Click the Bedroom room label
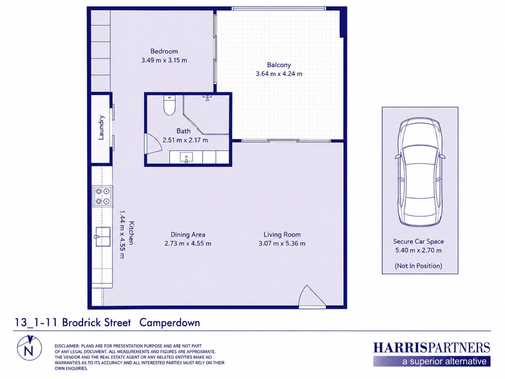tap(164, 51)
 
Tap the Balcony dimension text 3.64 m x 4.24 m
tap(279, 74)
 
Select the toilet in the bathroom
tap(169, 105)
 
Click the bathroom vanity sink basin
tap(186, 157)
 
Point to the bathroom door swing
tap(153, 143)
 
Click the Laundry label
tap(101, 127)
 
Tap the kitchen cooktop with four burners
tap(102, 196)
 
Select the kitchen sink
tap(102, 236)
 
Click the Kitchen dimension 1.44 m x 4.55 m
tap(122, 234)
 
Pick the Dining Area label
tap(188, 235)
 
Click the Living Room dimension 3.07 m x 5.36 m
tap(282, 243)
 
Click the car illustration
tap(420, 172)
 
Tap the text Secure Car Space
tap(418, 241)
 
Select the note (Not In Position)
tap(418, 266)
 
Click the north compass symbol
tap(30, 348)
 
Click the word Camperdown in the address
tap(170, 323)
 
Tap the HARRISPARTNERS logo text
tap(432, 348)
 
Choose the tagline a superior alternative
tap(444, 362)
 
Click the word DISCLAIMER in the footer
tap(67, 346)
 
